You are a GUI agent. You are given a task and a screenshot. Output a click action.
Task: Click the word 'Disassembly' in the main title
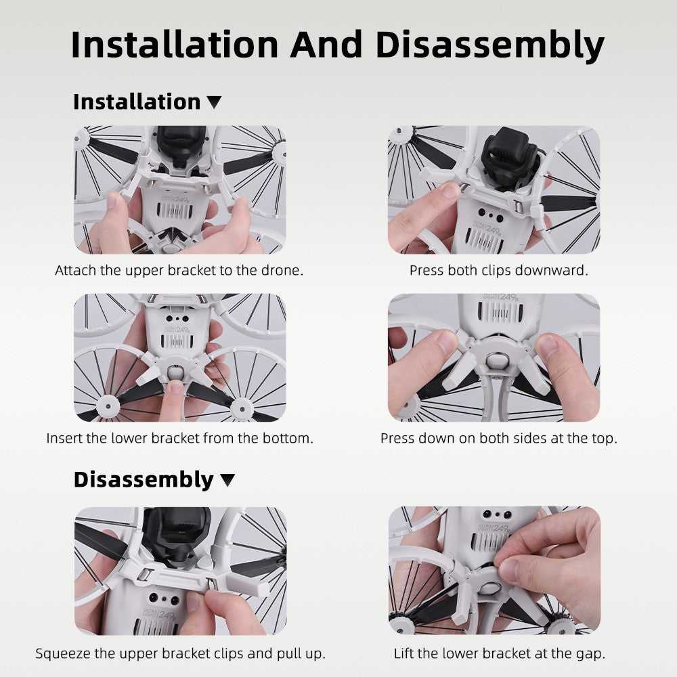pyautogui.click(x=489, y=45)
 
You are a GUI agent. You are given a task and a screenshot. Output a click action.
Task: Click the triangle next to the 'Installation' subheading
pyautogui.click(x=214, y=102)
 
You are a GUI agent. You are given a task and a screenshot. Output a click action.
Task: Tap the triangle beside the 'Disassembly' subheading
pyautogui.click(x=227, y=480)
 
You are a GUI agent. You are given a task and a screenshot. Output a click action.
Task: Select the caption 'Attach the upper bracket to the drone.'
pyautogui.click(x=179, y=270)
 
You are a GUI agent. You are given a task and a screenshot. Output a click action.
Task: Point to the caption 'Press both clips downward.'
pyautogui.click(x=499, y=270)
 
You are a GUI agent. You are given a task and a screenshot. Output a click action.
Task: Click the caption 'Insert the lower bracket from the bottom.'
pyautogui.click(x=179, y=438)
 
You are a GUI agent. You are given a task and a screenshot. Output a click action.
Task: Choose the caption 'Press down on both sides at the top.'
pyautogui.click(x=499, y=438)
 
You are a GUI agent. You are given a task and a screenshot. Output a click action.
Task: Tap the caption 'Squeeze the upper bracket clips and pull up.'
pyautogui.click(x=181, y=653)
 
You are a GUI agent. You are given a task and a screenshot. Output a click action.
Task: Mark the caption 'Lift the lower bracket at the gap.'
pyautogui.click(x=500, y=653)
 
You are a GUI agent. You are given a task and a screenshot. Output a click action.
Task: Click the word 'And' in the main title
pyautogui.click(x=326, y=45)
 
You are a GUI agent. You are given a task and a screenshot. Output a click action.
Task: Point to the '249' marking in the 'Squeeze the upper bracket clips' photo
pyautogui.click(x=167, y=615)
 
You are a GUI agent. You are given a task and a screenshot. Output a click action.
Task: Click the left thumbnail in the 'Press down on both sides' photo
pyautogui.click(x=445, y=342)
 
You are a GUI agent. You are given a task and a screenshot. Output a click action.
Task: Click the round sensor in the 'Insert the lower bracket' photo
pyautogui.click(x=175, y=372)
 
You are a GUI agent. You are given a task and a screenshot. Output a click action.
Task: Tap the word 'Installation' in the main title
pyautogui.click(x=175, y=45)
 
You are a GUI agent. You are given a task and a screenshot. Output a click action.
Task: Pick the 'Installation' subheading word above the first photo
pyautogui.click(x=137, y=102)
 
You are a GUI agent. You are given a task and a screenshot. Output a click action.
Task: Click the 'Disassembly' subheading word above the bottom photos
pyautogui.click(x=144, y=480)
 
